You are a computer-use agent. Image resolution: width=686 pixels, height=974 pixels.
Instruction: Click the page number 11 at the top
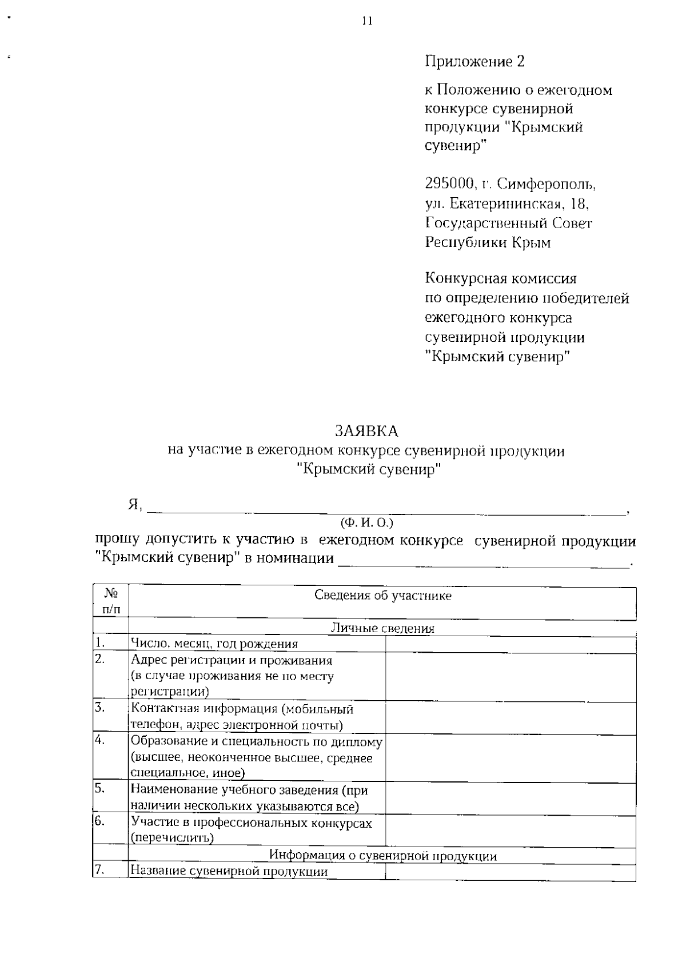coord(367,21)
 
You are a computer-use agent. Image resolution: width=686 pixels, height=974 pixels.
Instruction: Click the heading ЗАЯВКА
coord(366,430)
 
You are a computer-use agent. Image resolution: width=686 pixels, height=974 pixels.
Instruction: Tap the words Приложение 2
coord(474,61)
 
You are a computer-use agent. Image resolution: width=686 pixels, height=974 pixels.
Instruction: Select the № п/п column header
coord(111,602)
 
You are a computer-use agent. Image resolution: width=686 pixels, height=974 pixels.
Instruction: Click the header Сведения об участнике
coord(382,596)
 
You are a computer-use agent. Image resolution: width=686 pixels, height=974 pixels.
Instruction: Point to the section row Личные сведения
coord(382,628)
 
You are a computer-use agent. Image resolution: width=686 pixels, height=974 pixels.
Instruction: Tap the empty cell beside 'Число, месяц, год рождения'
coord(510,644)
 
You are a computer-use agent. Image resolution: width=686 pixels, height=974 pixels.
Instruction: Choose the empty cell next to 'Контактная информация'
coord(510,718)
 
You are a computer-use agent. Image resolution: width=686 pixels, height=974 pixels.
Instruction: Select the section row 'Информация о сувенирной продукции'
coord(382,856)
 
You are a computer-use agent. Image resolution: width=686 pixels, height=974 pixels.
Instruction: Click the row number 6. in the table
coord(100,822)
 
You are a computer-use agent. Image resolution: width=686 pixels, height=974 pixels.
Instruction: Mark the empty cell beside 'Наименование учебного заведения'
coord(510,799)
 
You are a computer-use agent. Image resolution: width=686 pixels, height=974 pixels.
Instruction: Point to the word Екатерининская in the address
coord(504,203)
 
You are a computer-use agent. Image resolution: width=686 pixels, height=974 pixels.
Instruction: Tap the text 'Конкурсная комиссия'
coord(501,279)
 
